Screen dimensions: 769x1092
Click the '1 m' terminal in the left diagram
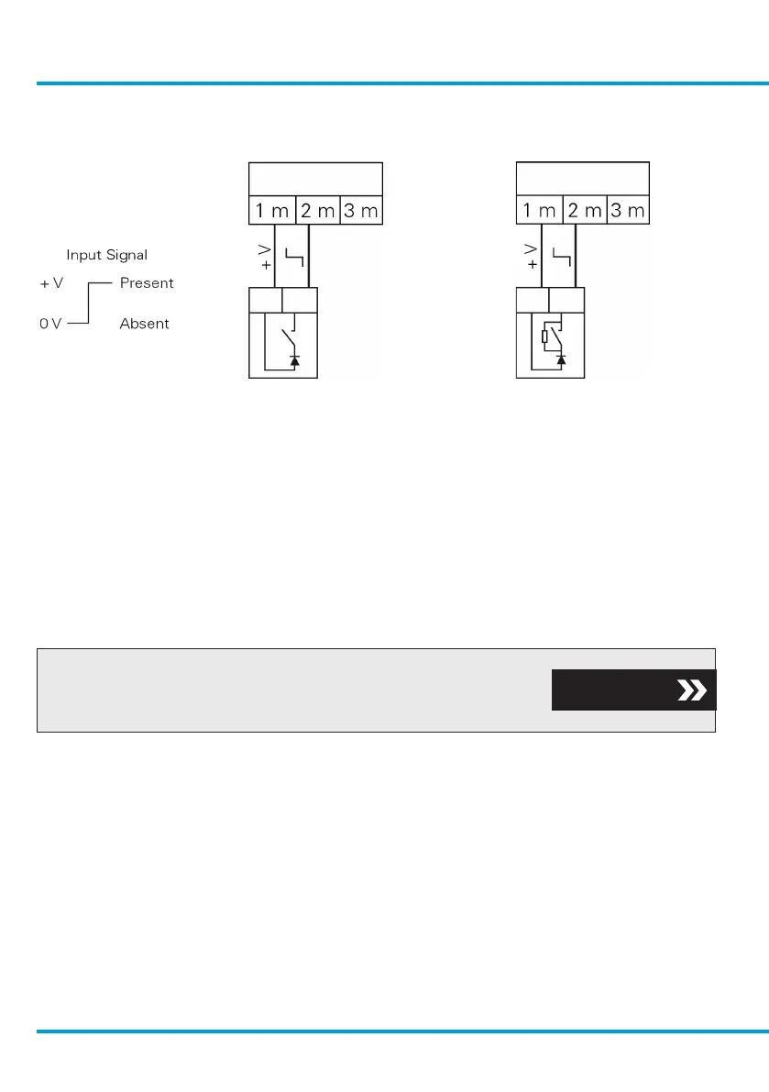coord(271,211)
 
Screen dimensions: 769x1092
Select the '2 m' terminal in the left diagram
coord(317,211)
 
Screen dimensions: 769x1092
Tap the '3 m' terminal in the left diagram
coord(361,211)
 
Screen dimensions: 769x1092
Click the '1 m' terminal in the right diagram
coord(539,211)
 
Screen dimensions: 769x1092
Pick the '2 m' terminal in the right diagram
coord(585,211)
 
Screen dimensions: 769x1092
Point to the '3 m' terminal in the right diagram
coord(628,211)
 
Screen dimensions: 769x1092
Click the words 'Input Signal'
coord(106,255)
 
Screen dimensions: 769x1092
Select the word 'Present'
coord(147,283)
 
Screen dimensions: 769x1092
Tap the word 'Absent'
coord(144,324)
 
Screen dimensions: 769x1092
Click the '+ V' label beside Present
coord(51,283)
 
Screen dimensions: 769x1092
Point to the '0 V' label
coord(50,324)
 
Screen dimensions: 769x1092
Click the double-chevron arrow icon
coord(690,690)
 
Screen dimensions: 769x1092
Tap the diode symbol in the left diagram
coord(294,361)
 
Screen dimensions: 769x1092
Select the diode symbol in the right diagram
coord(561,360)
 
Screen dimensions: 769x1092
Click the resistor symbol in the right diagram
coord(545,336)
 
